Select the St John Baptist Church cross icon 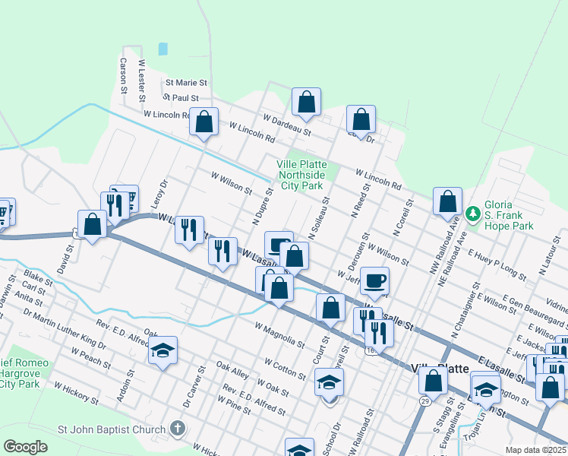point(177,429)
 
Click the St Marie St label point(186,82)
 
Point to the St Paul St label point(181,98)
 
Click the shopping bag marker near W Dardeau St point(306,101)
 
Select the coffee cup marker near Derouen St point(374,280)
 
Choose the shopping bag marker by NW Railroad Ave point(448,201)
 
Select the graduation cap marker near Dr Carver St point(163,351)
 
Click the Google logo point(25,447)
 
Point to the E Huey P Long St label point(497,263)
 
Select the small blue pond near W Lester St point(163,49)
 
